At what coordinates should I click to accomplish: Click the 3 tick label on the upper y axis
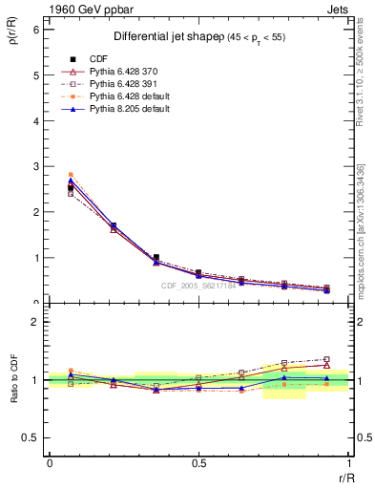click(35, 166)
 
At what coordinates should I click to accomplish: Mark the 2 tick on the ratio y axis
click(35, 322)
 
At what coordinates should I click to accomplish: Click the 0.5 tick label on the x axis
click(198, 463)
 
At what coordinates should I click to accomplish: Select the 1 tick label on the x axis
click(348, 463)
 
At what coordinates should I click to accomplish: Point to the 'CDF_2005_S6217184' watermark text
click(198, 286)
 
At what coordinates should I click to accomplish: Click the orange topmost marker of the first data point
click(71, 175)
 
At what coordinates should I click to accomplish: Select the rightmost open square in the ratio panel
click(326, 359)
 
